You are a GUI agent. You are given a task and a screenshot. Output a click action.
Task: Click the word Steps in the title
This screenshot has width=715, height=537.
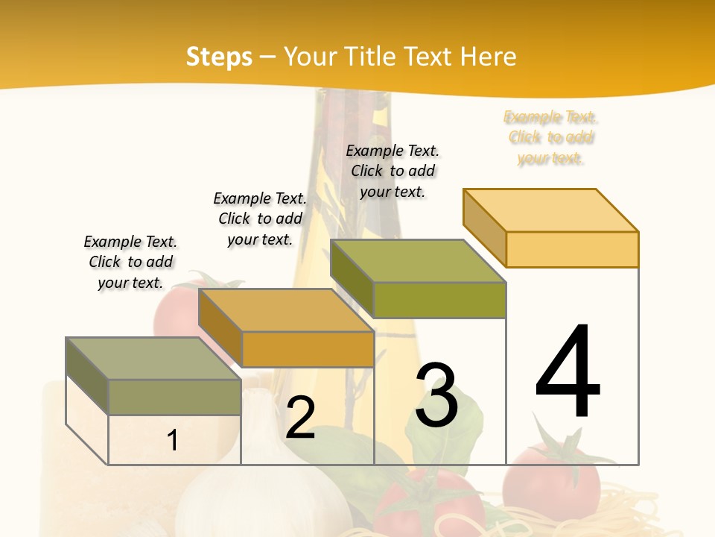point(219,57)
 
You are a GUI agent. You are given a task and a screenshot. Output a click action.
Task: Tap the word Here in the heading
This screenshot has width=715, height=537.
point(489,57)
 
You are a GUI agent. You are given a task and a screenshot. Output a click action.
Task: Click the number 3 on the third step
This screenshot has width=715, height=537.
point(436,395)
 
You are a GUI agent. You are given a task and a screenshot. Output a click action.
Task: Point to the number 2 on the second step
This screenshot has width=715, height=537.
point(300,418)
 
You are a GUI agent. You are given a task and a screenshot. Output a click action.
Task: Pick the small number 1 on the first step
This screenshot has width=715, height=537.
point(173,440)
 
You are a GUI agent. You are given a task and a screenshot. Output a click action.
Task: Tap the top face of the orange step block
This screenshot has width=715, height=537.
point(286,310)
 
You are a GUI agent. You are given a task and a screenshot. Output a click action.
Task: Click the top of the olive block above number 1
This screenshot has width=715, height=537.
point(153,359)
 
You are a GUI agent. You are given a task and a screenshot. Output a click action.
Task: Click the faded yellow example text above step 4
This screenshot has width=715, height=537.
point(551,138)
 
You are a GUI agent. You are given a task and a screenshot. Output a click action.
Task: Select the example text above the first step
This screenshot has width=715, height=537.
point(130,262)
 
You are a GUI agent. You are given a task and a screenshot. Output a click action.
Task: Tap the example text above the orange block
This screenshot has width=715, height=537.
point(260,219)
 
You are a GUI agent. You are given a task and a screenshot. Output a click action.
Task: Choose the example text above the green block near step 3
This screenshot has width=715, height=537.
point(393,171)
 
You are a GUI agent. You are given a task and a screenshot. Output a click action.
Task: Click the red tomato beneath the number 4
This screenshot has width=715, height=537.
point(551,481)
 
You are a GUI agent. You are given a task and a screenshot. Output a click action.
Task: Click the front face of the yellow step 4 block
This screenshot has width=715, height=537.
point(572,249)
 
